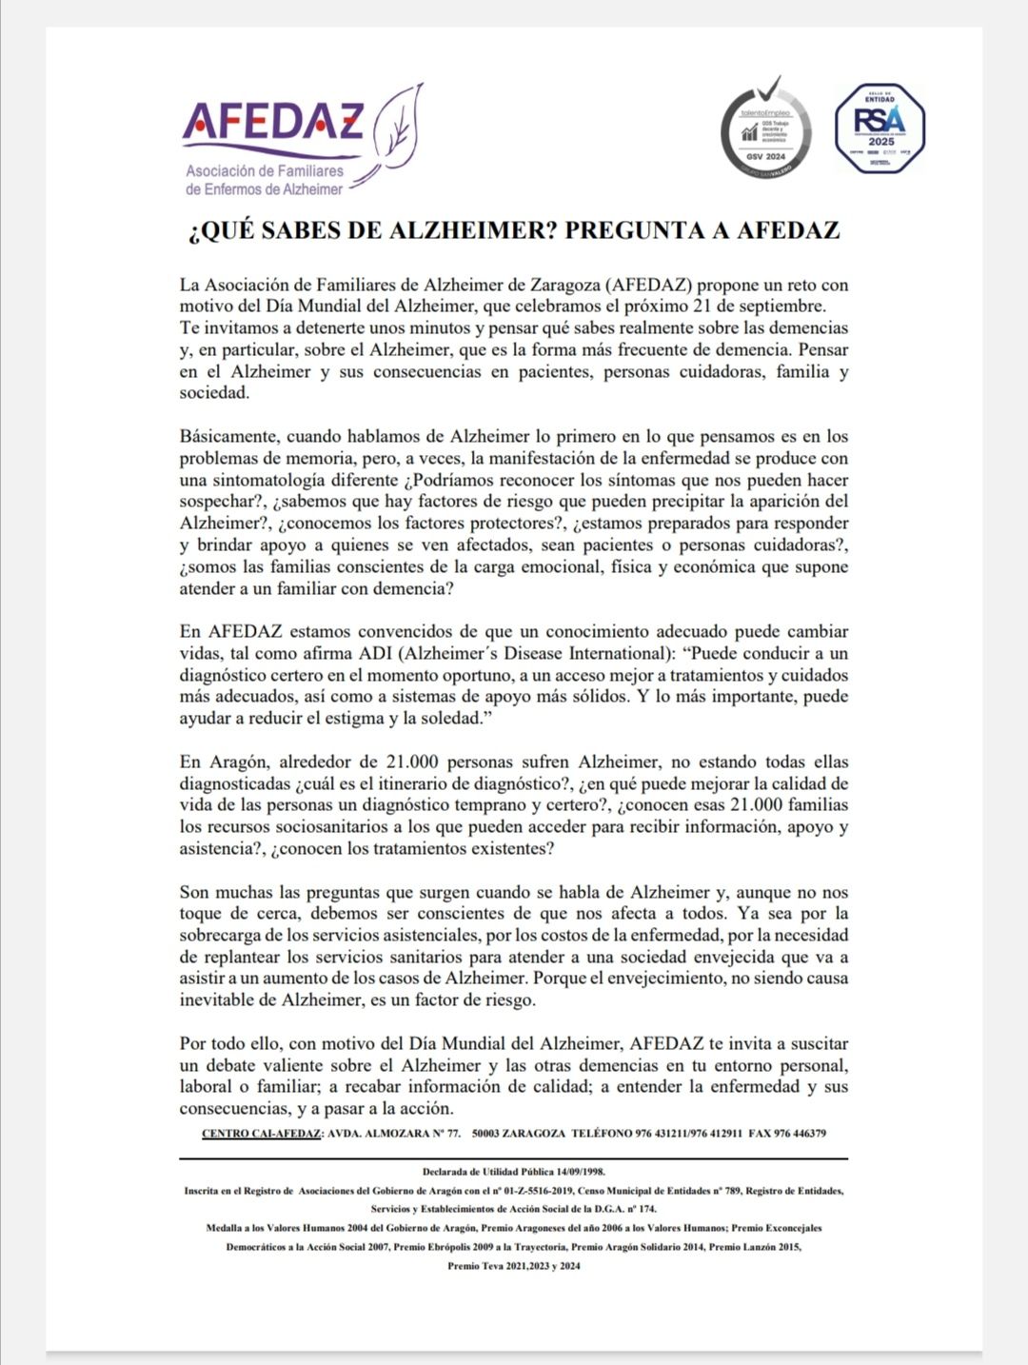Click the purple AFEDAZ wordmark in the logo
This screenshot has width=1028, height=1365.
tap(273, 121)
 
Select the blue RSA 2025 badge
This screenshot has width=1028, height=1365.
tap(880, 129)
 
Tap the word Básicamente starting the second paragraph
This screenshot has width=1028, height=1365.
tap(227, 437)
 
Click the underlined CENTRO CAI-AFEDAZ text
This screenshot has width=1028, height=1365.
tap(262, 1134)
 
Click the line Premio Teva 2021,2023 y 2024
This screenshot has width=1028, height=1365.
tap(513, 1266)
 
